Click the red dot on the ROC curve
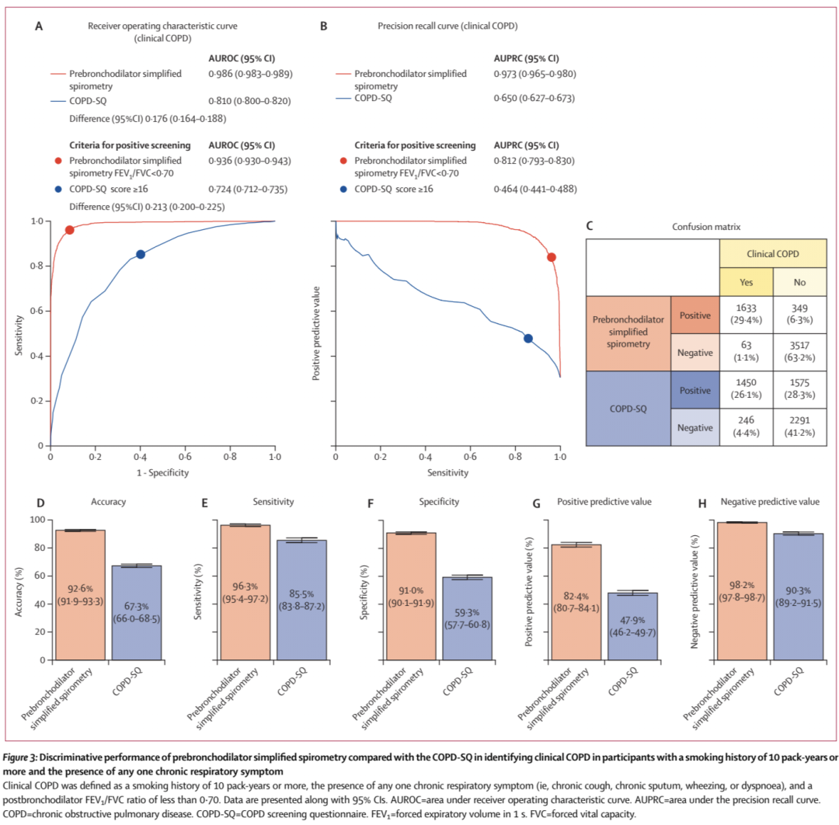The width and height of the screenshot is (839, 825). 69,230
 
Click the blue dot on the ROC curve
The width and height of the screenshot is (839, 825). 141,254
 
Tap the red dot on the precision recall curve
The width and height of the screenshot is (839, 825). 552,257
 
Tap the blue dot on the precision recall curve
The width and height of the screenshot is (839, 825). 528,338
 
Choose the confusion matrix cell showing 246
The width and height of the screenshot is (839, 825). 747,426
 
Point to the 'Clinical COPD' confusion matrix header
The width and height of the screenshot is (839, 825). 773,252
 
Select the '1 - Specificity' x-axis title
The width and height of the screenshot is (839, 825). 162,472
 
